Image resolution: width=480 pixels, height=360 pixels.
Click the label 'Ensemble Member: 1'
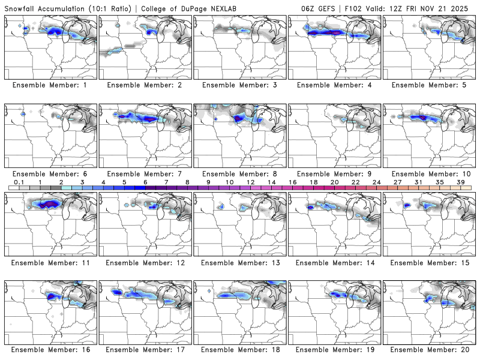click(x=50, y=85)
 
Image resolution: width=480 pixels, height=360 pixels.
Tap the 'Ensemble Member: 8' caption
click(x=240, y=173)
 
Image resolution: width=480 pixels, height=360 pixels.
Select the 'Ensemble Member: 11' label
click(x=50, y=262)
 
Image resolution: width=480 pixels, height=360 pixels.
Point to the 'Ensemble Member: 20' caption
click(x=430, y=350)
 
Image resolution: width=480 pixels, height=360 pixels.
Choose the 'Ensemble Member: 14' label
click(x=335, y=262)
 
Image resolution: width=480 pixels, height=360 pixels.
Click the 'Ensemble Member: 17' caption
click(x=145, y=350)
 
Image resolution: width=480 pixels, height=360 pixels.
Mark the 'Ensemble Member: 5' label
click(x=430, y=85)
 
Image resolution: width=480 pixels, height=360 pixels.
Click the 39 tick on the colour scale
click(x=460, y=182)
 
